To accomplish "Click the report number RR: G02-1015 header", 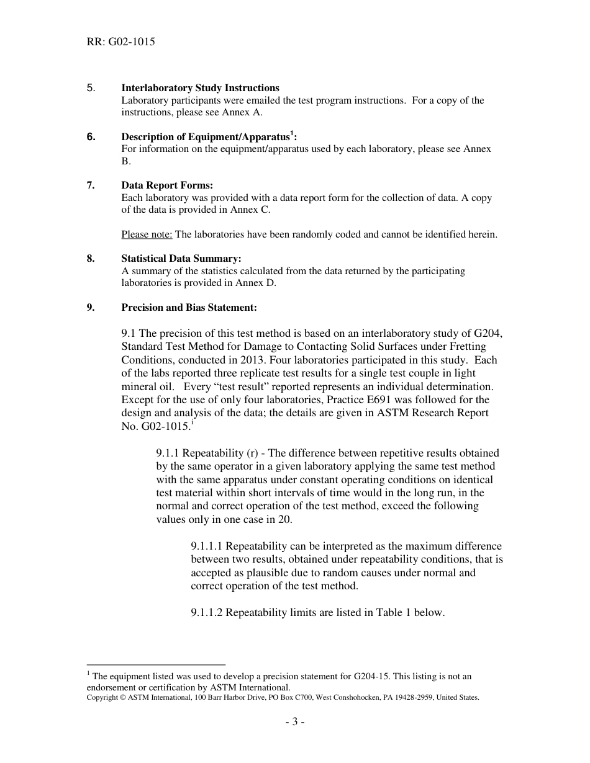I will pos(120,42).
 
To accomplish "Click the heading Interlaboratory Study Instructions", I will pos(200,88).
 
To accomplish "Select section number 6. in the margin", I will pos(91,137).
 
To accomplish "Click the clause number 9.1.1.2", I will pos(207,613).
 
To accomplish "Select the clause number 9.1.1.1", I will pos(207,547).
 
